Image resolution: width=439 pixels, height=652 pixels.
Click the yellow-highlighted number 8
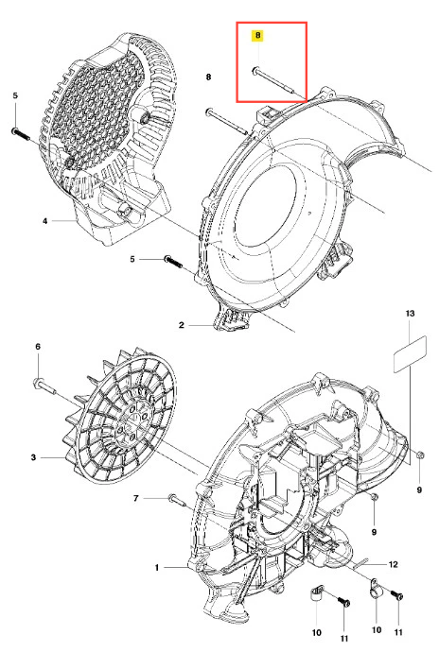pos(258,36)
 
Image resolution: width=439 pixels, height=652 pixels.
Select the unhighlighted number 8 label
pos(209,77)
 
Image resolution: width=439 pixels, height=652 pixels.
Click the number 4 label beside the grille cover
pos(45,221)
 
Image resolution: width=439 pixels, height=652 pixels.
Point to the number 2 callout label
pos(181,325)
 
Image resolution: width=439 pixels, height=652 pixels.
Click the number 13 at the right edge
pos(411,313)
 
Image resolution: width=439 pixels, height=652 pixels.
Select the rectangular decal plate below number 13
pos(411,353)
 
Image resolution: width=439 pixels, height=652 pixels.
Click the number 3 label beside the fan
pos(34,457)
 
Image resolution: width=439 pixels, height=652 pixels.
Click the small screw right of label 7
pos(177,499)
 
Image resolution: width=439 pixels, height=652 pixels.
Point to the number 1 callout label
pos(157,568)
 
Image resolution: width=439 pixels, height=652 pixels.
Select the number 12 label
pos(394,564)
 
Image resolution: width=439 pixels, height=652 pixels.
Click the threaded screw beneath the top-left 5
pos(21,134)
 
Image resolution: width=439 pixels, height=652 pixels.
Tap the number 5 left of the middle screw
pos(132,259)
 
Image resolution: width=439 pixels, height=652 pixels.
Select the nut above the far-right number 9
pos(420,455)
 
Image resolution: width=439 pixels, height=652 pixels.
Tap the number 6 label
pos(38,347)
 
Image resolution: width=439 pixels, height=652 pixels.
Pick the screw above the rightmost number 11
pos(397,595)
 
